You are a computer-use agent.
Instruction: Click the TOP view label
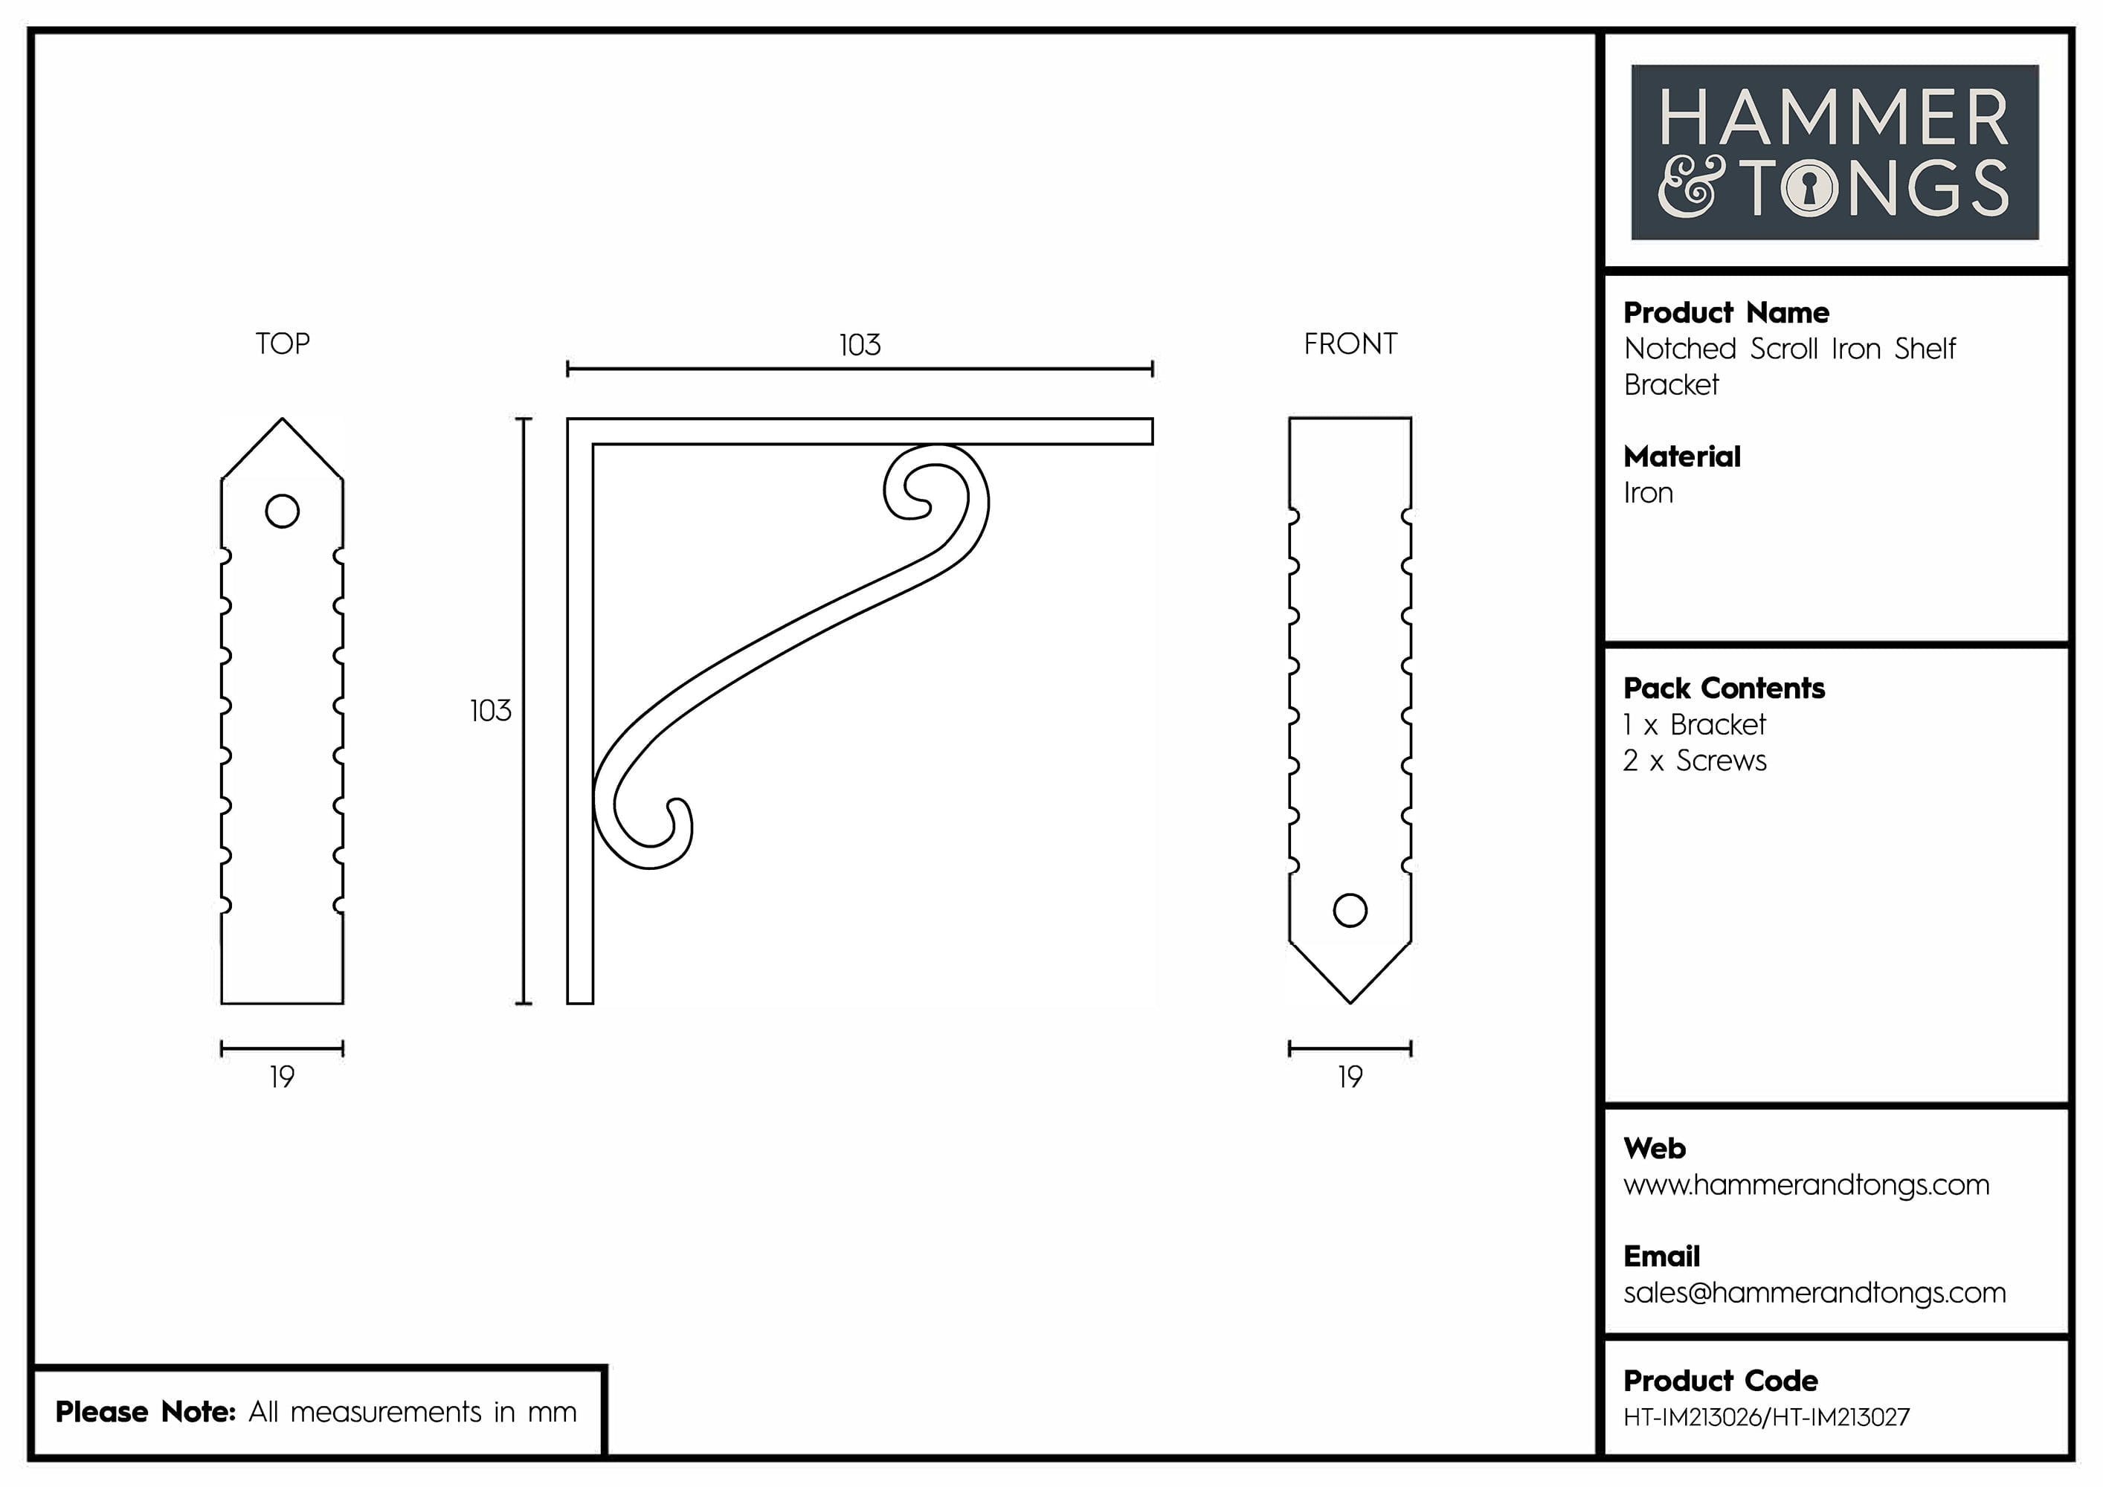[x=282, y=344]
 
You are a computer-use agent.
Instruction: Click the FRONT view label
[x=1350, y=344]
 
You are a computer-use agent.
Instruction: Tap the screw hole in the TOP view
[x=282, y=511]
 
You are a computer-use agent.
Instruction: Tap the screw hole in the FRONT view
[x=1350, y=910]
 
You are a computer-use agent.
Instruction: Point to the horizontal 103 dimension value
[x=859, y=345]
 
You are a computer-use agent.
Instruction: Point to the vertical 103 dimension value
[x=490, y=711]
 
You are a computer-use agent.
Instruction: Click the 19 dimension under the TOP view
[x=282, y=1077]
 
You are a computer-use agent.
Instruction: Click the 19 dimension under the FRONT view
[x=1350, y=1077]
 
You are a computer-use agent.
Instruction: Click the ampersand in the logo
[x=1690, y=187]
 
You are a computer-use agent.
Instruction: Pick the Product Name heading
[x=1726, y=313]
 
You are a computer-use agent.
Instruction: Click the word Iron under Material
[x=1648, y=494]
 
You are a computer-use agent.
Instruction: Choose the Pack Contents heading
[x=1724, y=688]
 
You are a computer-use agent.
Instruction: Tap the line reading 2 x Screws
[x=1695, y=761]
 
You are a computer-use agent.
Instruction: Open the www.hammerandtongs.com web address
[x=1806, y=1185]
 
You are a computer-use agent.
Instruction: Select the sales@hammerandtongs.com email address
[x=1814, y=1293]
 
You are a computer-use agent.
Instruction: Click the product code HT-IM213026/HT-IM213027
[x=1766, y=1417]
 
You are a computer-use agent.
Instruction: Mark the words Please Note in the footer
[x=145, y=1412]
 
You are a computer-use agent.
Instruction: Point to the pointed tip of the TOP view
[x=282, y=422]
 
